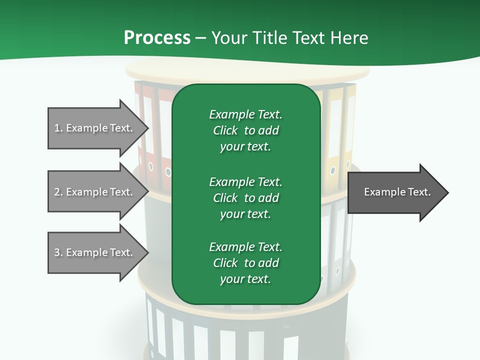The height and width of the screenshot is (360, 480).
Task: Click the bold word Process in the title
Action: [x=157, y=38]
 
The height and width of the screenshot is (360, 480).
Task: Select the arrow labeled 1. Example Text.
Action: [x=95, y=128]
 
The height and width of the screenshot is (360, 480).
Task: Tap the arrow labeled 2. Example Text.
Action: [x=95, y=192]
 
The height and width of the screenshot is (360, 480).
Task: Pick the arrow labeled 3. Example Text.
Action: [x=95, y=252]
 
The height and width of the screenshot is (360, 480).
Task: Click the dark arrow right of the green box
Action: [x=395, y=192]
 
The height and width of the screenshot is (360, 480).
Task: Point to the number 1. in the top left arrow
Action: [x=58, y=128]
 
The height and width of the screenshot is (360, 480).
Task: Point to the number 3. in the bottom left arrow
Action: [x=58, y=252]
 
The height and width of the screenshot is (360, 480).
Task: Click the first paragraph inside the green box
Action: [x=245, y=130]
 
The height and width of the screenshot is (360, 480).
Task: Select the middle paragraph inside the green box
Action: [x=245, y=198]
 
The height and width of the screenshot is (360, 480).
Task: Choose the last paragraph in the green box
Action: [x=245, y=263]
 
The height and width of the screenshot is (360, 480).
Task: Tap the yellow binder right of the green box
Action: [x=333, y=135]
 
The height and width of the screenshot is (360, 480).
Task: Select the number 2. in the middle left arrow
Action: [x=58, y=192]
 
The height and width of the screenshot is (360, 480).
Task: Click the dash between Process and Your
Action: [x=200, y=38]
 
